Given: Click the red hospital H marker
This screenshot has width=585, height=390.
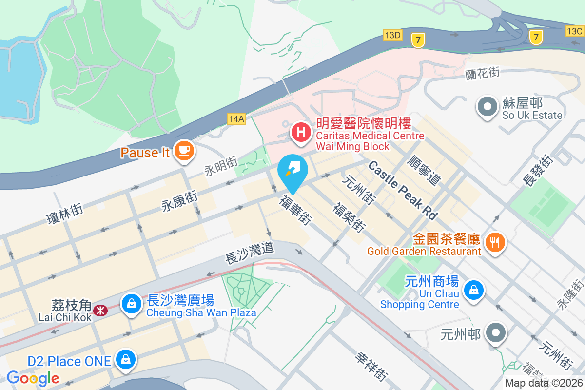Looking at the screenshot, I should (302, 132).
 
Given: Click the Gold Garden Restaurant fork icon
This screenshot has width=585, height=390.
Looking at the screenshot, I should (495, 241).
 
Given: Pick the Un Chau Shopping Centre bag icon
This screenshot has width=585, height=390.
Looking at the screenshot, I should (473, 291).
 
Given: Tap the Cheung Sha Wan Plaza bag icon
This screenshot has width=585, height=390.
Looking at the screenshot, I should (131, 304).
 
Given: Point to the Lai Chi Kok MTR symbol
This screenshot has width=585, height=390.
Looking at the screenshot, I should (101, 310).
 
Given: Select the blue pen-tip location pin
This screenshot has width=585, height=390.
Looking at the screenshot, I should (292, 171).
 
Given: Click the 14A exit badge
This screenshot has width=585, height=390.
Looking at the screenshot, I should (235, 118).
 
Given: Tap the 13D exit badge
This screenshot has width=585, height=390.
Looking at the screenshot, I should (392, 35).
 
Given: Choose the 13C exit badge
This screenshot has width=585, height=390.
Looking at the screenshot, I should (575, 31).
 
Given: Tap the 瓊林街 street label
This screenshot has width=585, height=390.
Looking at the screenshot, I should (65, 215).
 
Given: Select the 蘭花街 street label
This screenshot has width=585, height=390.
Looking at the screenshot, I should (482, 73).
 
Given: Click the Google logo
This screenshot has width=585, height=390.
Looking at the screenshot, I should (33, 378).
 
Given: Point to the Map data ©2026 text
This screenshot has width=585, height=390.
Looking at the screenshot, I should (544, 383).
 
